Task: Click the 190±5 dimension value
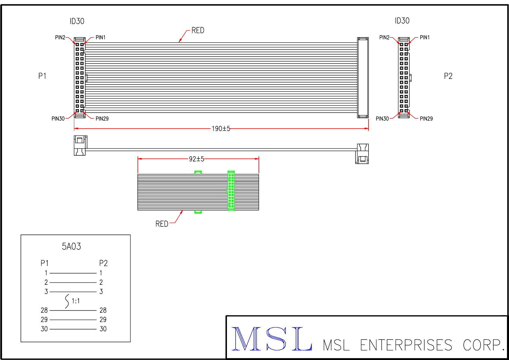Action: [221, 129]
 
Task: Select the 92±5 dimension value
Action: [196, 159]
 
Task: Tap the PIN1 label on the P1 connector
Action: [100, 37]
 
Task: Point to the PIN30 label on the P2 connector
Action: [382, 119]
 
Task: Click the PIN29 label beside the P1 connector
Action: [102, 119]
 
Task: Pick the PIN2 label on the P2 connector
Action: [384, 37]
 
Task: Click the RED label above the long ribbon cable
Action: [198, 30]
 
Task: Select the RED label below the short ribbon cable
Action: [162, 224]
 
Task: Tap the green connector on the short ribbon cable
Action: [231, 190]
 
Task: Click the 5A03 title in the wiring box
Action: [71, 246]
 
